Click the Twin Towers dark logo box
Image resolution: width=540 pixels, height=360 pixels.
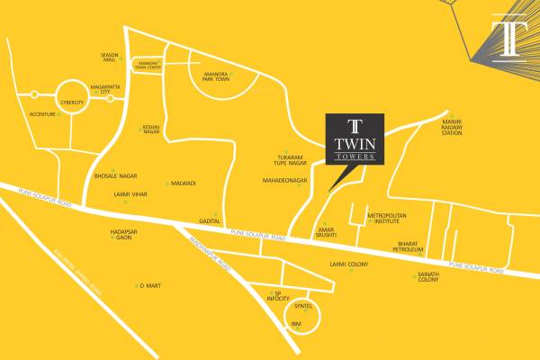pyautogui.click(x=355, y=139)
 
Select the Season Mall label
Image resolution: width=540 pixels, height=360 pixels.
pyautogui.click(x=109, y=57)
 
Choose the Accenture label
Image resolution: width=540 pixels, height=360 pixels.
pyautogui.click(x=41, y=114)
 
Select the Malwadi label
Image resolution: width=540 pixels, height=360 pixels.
pyautogui.click(x=183, y=184)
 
